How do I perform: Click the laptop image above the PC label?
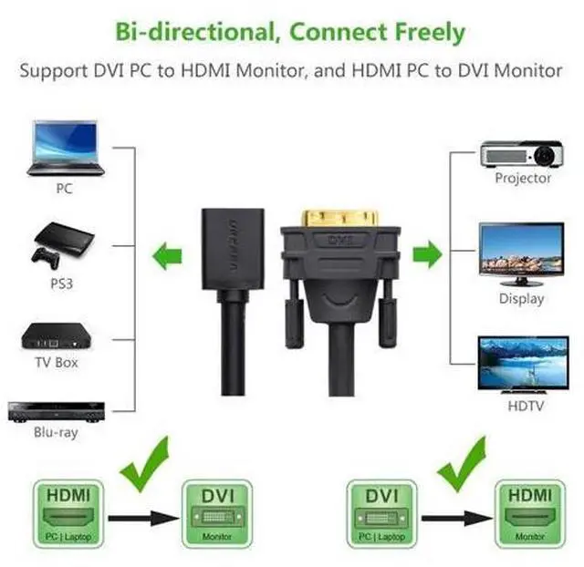[66, 148]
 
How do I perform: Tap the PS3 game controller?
[46, 257]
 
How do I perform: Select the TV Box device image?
[57, 336]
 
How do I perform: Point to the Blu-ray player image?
[57, 412]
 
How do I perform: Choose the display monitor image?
[521, 254]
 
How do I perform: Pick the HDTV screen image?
[523, 365]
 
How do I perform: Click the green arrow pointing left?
[167, 256]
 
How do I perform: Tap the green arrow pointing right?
[428, 254]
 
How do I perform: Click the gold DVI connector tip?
[340, 218]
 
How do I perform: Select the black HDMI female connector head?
[234, 249]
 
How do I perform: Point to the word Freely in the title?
[430, 32]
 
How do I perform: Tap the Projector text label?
[523, 178]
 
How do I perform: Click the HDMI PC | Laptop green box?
[68, 514]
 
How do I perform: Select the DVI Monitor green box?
[217, 514]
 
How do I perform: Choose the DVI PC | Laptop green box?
[381, 514]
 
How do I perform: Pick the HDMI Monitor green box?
[530, 514]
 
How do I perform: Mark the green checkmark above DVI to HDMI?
[463, 464]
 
